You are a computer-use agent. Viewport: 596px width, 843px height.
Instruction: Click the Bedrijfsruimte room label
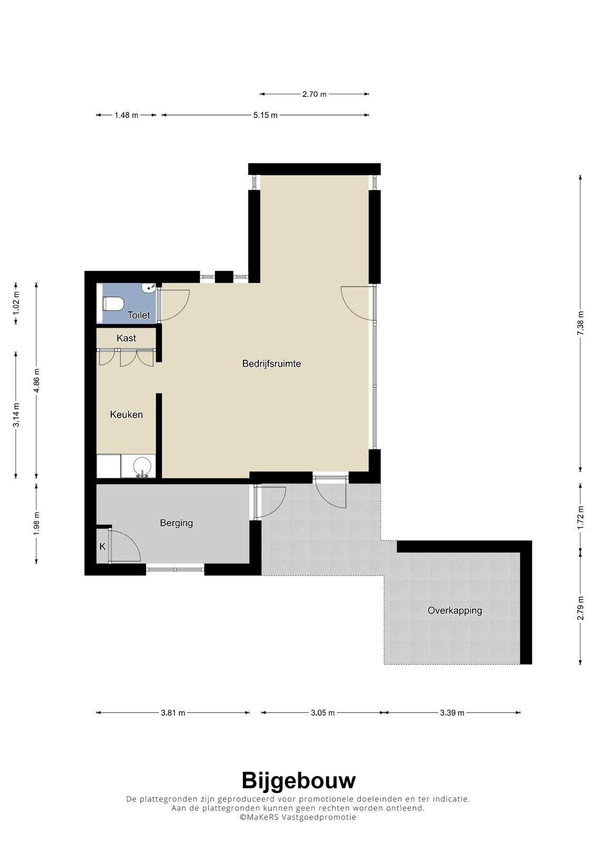tap(271, 364)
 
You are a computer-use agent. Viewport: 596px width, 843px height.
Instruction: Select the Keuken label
tap(126, 415)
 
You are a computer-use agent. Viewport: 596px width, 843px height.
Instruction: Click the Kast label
tap(126, 338)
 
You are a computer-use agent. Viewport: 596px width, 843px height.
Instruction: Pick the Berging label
tap(176, 523)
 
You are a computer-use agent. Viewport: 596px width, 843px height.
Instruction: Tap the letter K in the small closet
tap(102, 546)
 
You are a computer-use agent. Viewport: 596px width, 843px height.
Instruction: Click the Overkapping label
tap(454, 611)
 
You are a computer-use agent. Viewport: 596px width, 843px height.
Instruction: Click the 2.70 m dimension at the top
tap(315, 94)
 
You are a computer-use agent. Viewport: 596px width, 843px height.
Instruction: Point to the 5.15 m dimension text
tap(265, 115)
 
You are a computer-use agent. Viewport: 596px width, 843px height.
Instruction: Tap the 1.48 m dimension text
tap(126, 115)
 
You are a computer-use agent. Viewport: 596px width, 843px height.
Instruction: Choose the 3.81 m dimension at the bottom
tap(173, 713)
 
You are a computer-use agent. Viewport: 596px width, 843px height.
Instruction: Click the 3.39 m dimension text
tap(452, 713)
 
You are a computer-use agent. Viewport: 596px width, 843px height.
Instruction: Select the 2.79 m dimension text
tap(580, 608)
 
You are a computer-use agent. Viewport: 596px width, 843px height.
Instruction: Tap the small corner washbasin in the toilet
tap(148, 288)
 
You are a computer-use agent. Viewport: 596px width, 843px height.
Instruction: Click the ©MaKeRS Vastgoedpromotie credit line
tap(298, 817)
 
